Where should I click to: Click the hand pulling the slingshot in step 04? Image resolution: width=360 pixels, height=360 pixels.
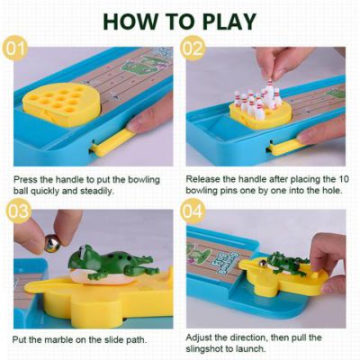[x=326, y=261]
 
